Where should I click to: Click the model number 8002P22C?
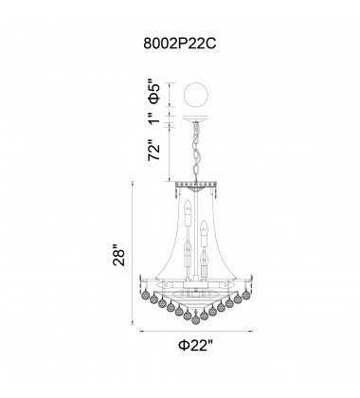[x=180, y=44]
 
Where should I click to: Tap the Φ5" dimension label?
[x=154, y=94]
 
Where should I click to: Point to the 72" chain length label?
[x=154, y=150]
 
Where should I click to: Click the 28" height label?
[x=120, y=255]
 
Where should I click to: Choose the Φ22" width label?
[x=196, y=345]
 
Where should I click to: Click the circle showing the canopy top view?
[x=196, y=94]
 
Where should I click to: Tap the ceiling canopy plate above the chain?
[x=196, y=118]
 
